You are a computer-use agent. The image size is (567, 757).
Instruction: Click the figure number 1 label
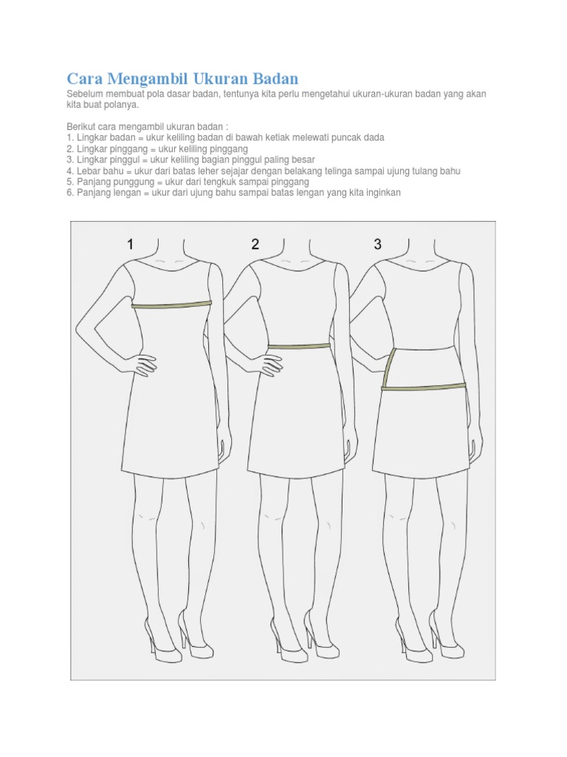coord(131,245)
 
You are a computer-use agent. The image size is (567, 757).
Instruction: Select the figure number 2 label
coord(255,245)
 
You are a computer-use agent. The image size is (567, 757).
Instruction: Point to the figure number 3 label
coord(377,245)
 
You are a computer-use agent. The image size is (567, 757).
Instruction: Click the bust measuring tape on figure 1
coord(171,304)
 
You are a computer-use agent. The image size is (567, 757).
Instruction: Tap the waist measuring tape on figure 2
coord(298,345)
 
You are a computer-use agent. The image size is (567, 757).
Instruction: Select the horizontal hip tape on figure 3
coord(424,385)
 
